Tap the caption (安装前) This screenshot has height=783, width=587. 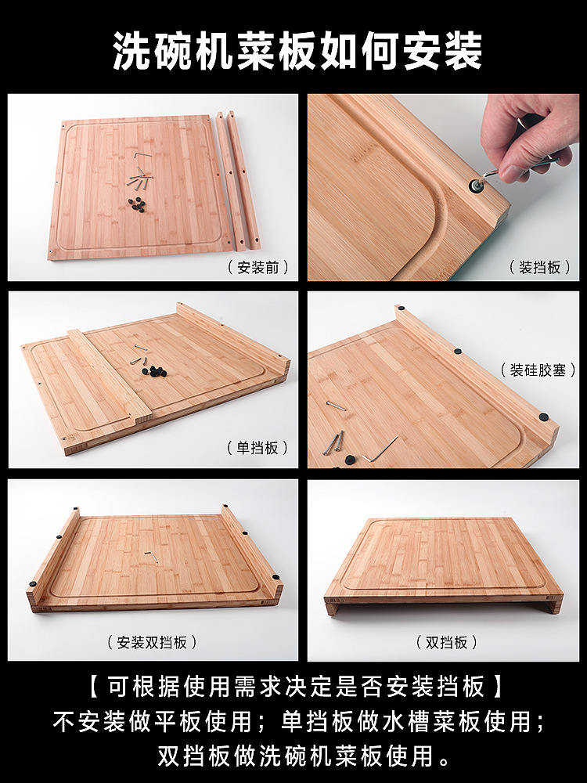tap(258, 268)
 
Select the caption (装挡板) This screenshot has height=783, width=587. tap(539, 268)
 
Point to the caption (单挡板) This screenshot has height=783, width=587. tap(257, 447)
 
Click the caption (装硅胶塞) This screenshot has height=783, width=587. tap(538, 370)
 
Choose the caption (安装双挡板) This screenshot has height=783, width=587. tap(153, 642)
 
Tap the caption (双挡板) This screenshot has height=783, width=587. tap(447, 642)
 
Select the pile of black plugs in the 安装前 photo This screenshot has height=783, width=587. tap(138, 204)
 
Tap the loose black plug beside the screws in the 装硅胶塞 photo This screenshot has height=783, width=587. tap(350, 460)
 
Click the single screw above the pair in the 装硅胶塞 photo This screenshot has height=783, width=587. tap(336, 406)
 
